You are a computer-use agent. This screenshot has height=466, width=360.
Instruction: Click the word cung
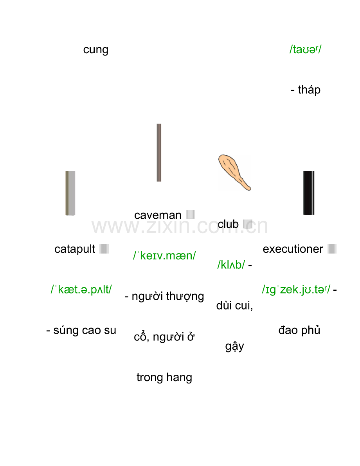coord(96,50)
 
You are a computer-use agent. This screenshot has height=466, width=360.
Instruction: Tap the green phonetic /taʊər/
coord(305,49)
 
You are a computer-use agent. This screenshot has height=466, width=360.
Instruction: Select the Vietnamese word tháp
coord(309,90)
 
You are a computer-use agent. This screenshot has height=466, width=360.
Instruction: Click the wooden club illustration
coord(234,172)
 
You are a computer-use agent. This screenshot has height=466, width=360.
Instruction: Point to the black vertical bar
coord(309,193)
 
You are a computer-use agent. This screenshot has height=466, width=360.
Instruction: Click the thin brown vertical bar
coord(159,153)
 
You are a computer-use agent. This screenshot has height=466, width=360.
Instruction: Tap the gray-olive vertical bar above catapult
coord(70,193)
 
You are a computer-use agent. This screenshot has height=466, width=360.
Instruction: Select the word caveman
coord(158,215)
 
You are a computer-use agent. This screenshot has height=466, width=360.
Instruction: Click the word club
coord(228,224)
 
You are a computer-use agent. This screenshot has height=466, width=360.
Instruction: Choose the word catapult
coord(75,249)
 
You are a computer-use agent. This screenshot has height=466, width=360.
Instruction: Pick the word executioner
coord(293,249)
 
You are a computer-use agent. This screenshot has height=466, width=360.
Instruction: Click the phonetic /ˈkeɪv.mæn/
coord(164,255)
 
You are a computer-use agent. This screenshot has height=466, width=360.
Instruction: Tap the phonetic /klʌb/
coord(231,264)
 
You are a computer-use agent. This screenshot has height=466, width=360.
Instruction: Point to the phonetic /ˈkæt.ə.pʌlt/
coord(81,290)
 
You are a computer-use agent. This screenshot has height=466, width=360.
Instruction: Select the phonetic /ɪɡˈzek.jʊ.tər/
coord(296,290)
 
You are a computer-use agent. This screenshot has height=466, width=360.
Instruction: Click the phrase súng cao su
coord(85,330)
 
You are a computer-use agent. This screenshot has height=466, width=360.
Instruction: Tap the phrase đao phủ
coord(299,330)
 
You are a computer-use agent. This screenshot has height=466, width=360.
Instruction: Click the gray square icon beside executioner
coord(332,249)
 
